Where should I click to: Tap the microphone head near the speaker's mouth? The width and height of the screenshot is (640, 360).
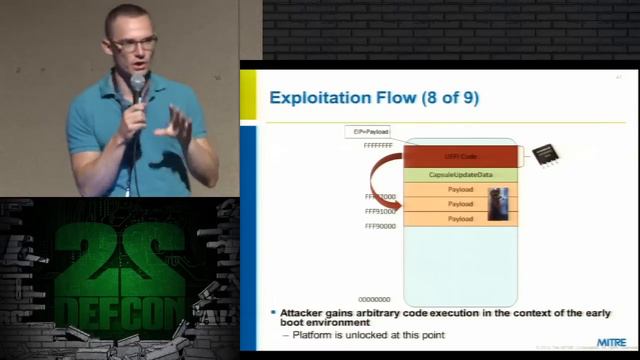click(138, 81)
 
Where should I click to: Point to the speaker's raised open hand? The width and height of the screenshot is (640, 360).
click(179, 126)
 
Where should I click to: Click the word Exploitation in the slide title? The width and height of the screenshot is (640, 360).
click(319, 97)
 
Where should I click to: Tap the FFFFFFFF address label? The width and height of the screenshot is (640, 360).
click(379, 145)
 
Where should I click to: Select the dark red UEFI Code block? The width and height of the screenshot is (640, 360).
click(461, 156)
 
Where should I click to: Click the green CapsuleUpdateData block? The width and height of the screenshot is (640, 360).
click(461, 175)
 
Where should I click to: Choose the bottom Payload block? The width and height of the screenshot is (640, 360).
click(460, 218)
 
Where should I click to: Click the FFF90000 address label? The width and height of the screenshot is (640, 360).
click(380, 226)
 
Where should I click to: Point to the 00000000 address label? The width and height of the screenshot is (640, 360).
click(375, 299)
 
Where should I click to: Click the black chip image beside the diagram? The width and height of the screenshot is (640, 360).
click(546, 154)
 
